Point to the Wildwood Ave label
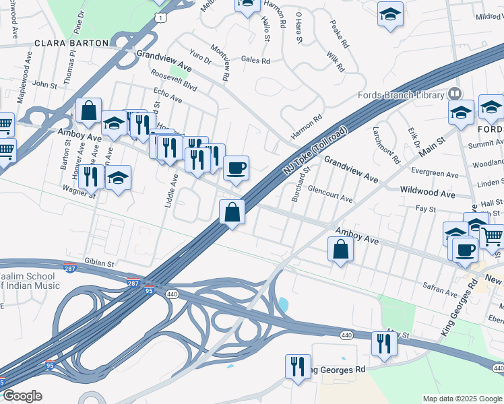pyautogui.click(x=427, y=193)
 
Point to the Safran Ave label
pyautogui.click(x=441, y=291)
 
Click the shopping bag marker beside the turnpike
pyautogui.click(x=232, y=212)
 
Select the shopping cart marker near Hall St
pyautogui.click(x=492, y=237)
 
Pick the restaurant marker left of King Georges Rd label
pyautogui.click(x=297, y=366)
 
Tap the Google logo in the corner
pyautogui.click(x=22, y=395)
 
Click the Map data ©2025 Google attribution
pyautogui.click(x=462, y=399)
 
